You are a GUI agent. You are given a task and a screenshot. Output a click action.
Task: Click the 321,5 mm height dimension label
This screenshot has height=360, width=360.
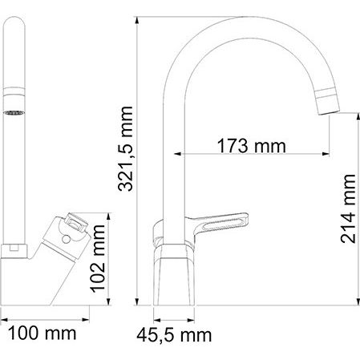tap(125, 148)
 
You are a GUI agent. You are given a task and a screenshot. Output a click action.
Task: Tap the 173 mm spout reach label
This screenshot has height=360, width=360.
tap(252, 146)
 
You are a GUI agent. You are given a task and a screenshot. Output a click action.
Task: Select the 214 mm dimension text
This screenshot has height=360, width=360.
tap(348, 208)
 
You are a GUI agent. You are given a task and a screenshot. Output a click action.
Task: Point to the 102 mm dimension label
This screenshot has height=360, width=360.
tap(97, 259)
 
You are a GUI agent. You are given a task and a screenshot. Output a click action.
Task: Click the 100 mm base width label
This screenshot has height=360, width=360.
tap(42, 334)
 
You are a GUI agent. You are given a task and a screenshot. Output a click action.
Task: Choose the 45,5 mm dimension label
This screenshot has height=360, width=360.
tap(174, 335)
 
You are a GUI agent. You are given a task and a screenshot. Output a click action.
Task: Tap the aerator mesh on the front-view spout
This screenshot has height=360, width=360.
tap(14, 113)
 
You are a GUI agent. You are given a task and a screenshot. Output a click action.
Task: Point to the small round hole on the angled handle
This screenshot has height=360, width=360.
tap(66, 239)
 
